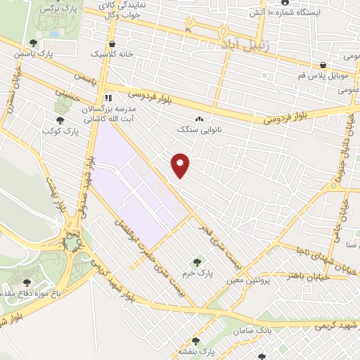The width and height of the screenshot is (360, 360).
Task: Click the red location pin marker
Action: (x=181, y=165)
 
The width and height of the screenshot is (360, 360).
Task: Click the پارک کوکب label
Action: (x=59, y=131)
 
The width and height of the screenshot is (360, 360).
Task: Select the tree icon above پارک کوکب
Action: (x=59, y=121)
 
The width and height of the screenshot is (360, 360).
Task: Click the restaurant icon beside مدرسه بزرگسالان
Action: (x=109, y=98)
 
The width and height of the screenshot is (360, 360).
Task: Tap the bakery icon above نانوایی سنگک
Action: (x=199, y=120)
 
